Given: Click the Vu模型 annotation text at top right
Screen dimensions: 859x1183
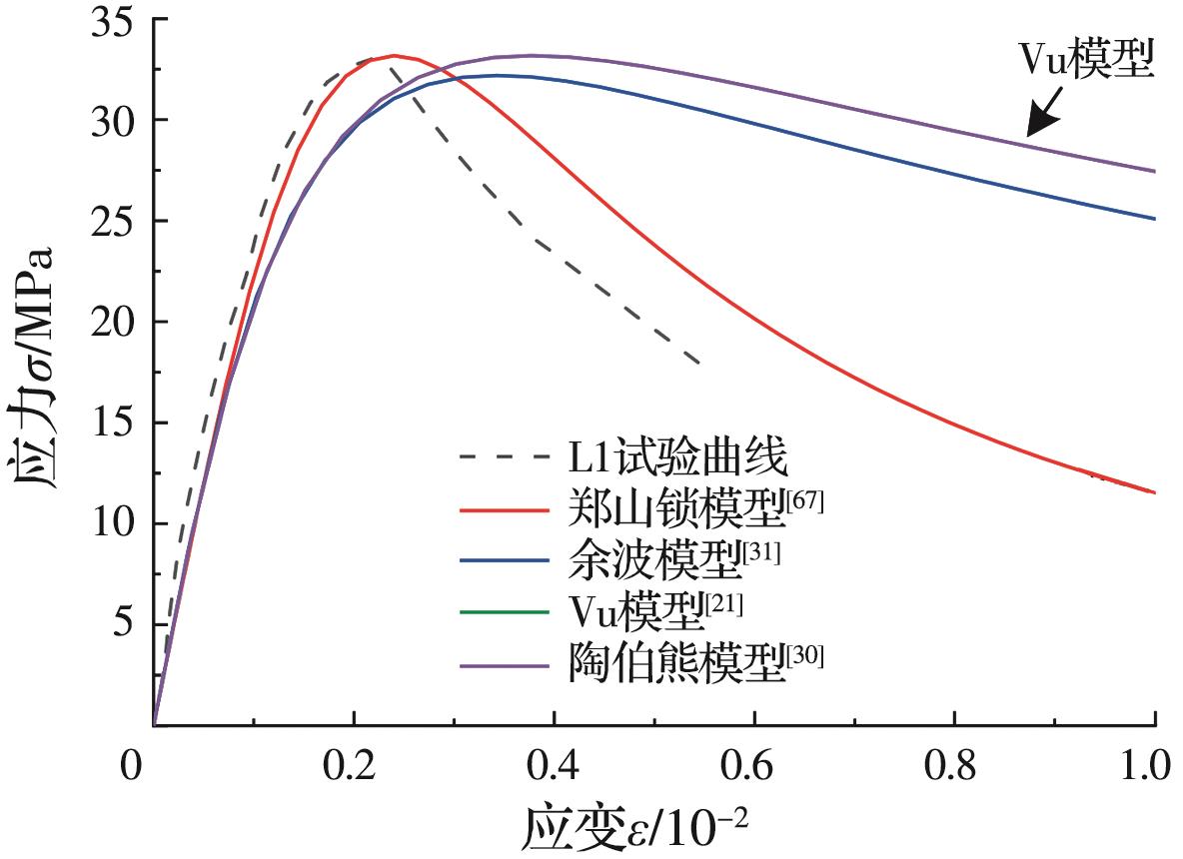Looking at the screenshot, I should click(1086, 62).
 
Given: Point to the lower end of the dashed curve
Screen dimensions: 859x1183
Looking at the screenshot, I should click(698, 364).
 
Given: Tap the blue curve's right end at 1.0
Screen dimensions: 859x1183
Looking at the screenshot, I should click(1154, 219).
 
